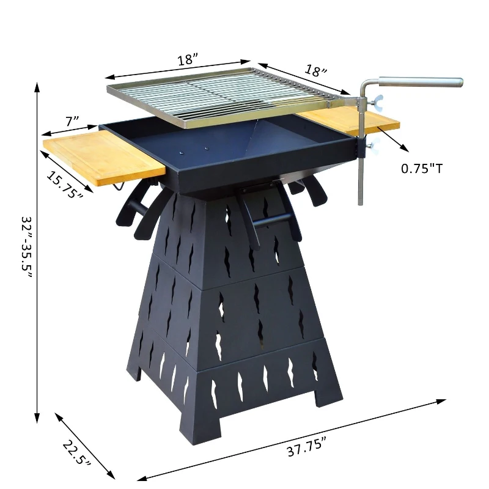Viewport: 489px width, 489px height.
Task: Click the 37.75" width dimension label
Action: [x=307, y=449]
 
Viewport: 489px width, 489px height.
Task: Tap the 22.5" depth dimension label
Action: [x=76, y=455]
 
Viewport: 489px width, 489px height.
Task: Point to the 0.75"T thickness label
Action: [x=421, y=167]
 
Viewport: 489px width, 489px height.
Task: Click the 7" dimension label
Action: [x=72, y=122]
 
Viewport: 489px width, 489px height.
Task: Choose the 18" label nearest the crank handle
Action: [x=315, y=71]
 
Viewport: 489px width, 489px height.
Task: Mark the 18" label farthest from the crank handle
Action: [x=188, y=60]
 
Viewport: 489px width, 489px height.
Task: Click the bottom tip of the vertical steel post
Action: [x=360, y=203]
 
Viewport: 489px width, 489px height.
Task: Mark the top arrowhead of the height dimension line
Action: [x=37, y=85]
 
